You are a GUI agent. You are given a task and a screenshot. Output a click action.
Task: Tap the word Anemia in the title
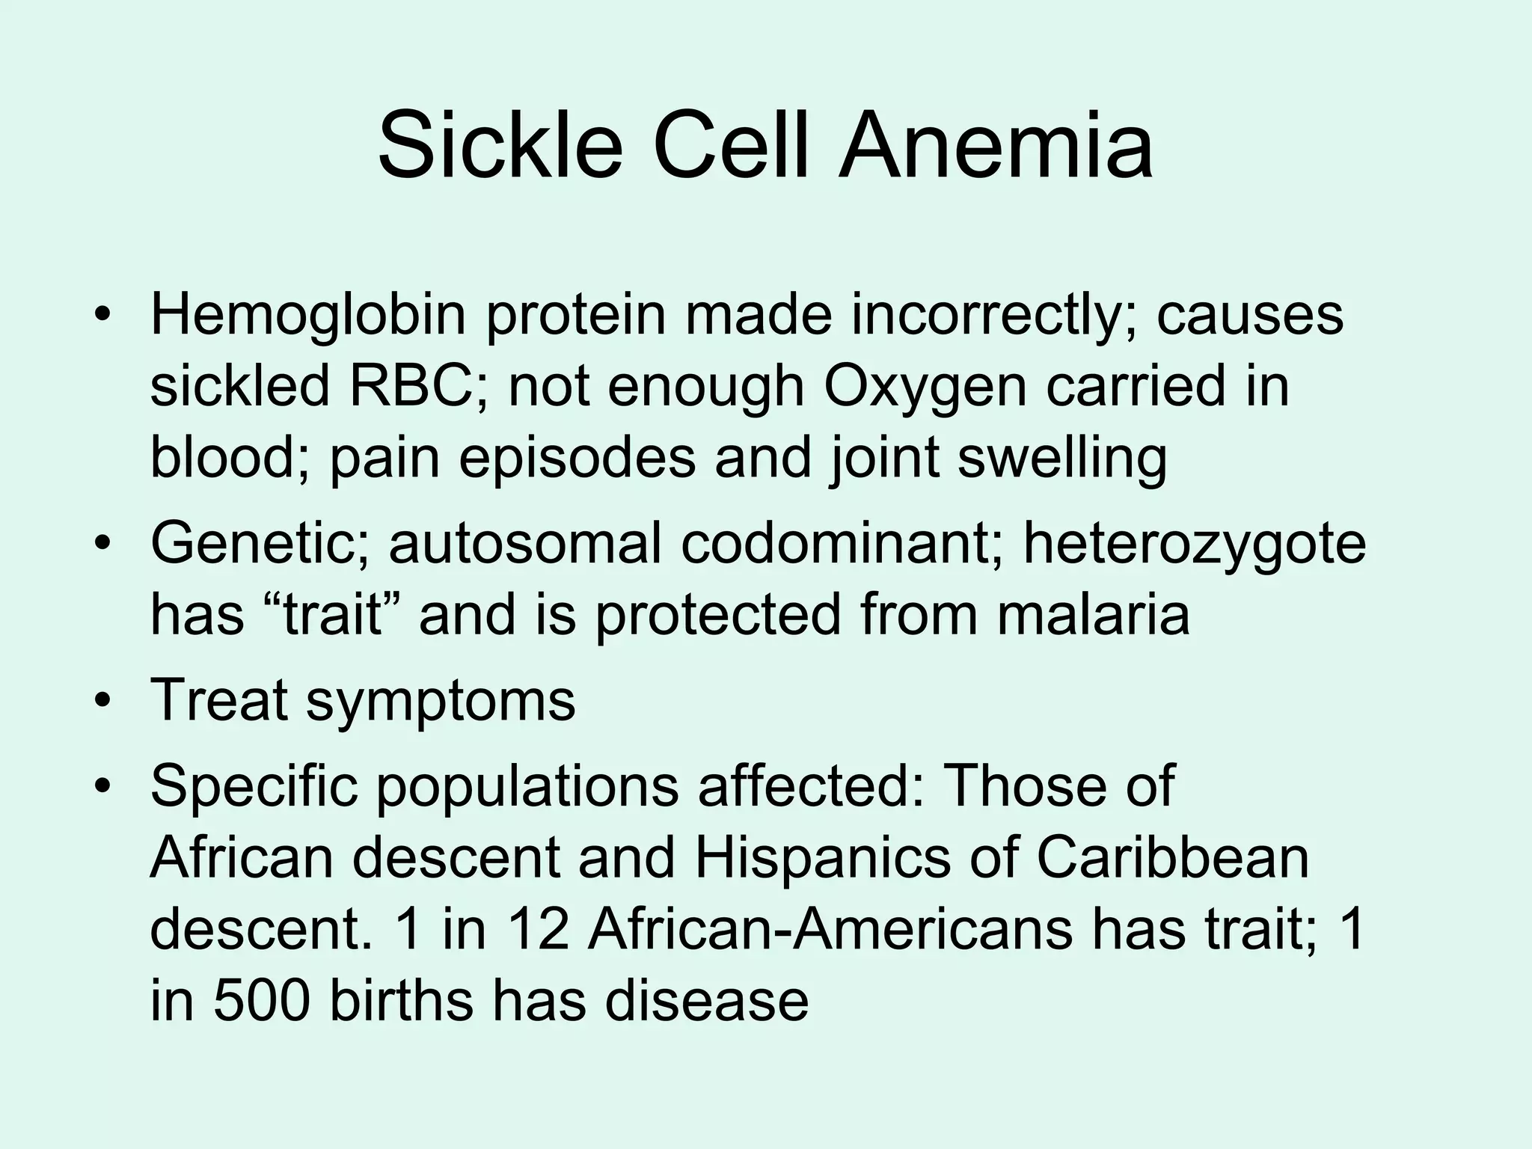point(995,146)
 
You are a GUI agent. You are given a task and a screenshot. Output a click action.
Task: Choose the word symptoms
point(441,702)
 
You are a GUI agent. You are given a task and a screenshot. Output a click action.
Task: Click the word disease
point(707,1000)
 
